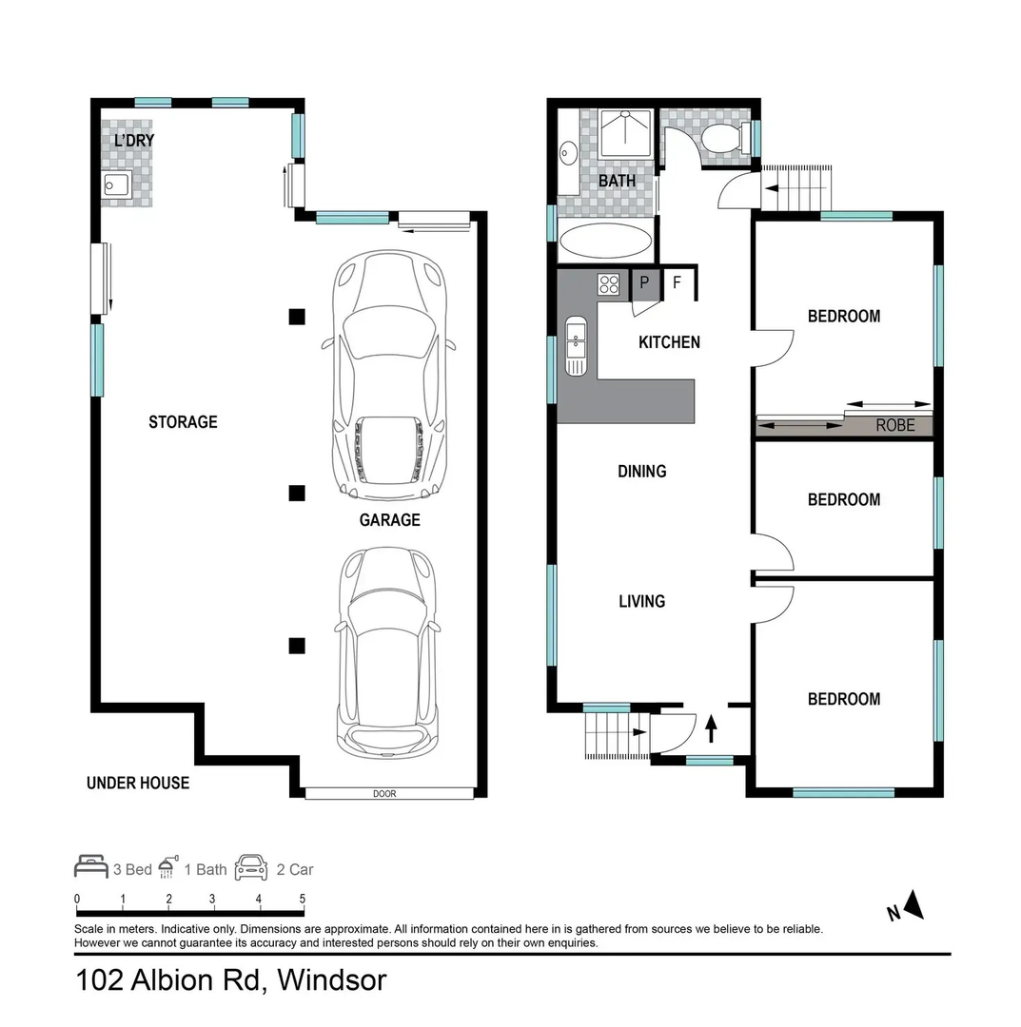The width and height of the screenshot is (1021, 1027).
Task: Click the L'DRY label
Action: pos(133,140)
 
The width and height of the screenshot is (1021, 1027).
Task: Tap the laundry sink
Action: pos(117,184)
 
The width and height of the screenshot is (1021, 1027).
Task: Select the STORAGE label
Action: pos(183,422)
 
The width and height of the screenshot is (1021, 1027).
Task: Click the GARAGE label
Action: pos(389,520)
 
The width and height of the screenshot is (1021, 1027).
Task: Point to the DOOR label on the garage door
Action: pos(384,794)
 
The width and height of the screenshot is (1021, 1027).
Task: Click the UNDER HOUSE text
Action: pos(138,783)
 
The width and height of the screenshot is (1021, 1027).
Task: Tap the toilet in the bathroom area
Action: pos(723,138)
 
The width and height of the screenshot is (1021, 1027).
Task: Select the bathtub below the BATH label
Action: pos(605,241)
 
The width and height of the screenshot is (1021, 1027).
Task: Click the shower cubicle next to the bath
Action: pos(626,133)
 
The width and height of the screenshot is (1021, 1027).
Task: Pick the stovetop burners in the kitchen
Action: pos(609,284)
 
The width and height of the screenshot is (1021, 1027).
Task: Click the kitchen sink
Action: pos(576,346)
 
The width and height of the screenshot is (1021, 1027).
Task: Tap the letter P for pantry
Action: pos(645,282)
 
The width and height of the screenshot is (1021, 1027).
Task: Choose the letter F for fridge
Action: pos(677,282)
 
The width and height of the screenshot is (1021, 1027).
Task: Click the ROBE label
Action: pos(895,426)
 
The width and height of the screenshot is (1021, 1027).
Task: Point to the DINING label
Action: pos(641,472)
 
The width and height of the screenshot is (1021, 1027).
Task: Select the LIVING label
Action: pos(641,601)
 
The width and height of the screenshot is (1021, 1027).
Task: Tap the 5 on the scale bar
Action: pos(302,899)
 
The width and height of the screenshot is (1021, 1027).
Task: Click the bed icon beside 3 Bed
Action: pos(91,866)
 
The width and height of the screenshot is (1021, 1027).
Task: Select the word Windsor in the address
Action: pos(332,980)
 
